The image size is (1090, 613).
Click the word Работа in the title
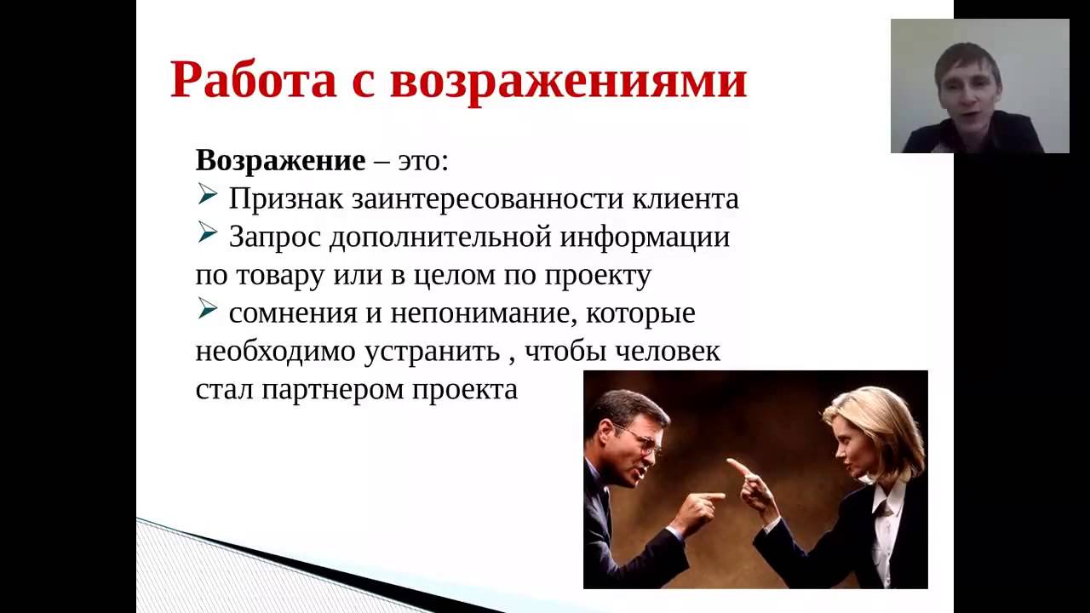(254, 79)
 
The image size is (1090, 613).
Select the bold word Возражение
(280, 161)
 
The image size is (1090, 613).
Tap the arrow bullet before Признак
(207, 196)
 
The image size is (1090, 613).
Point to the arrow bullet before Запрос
(207, 234)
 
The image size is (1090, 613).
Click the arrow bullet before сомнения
(207, 309)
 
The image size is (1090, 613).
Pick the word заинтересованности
(487, 199)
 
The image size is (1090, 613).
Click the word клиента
(686, 199)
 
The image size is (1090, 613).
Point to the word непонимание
(479, 313)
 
